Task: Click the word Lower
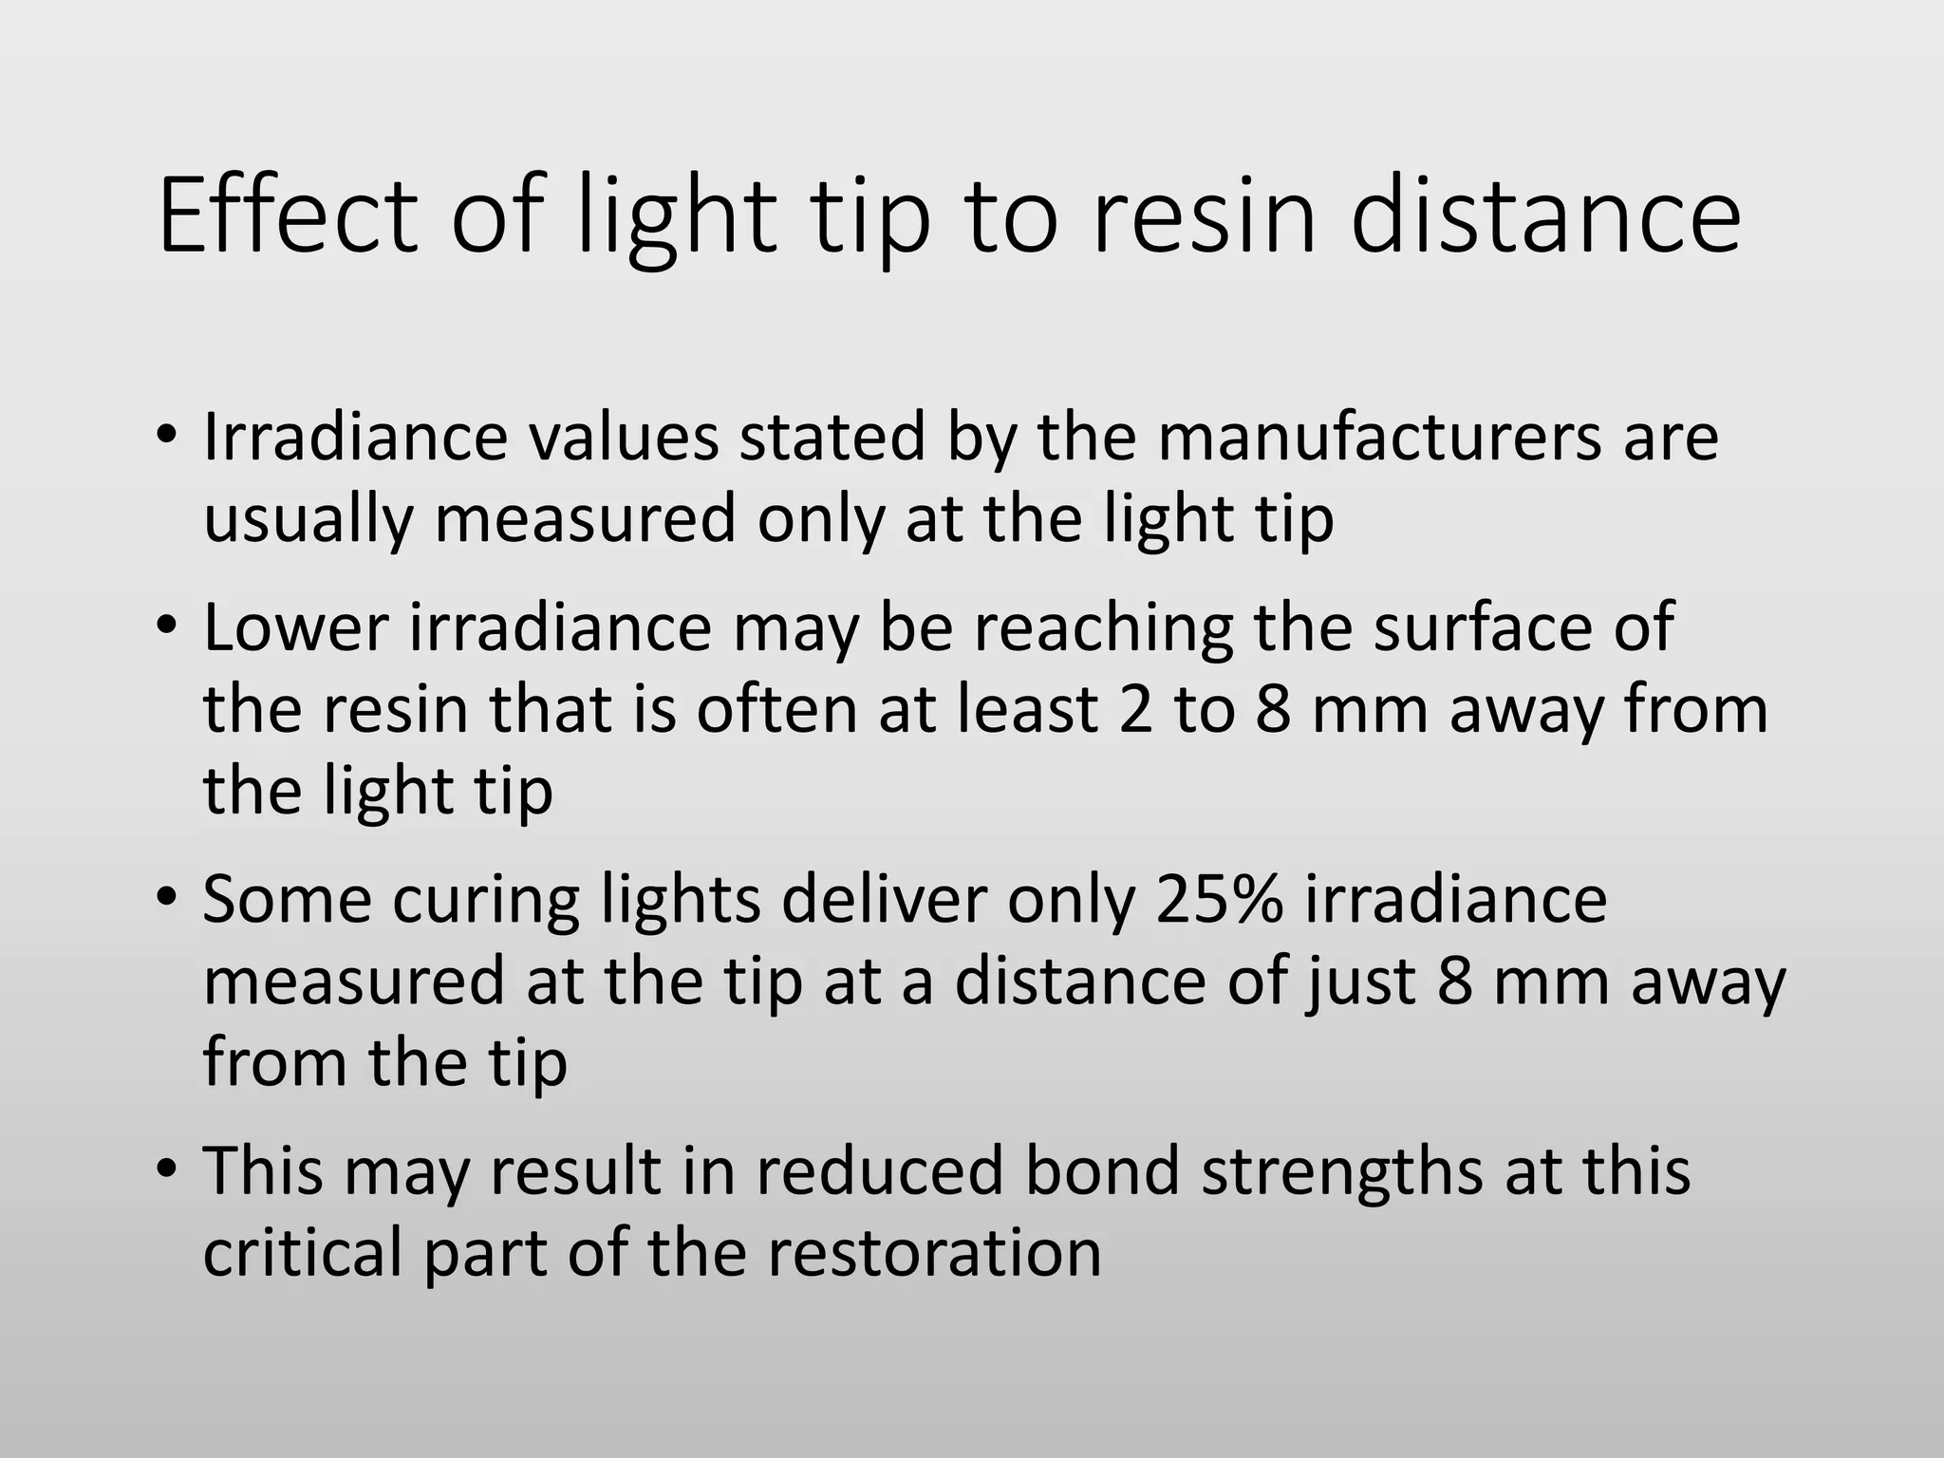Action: click(295, 628)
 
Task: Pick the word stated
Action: click(832, 438)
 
